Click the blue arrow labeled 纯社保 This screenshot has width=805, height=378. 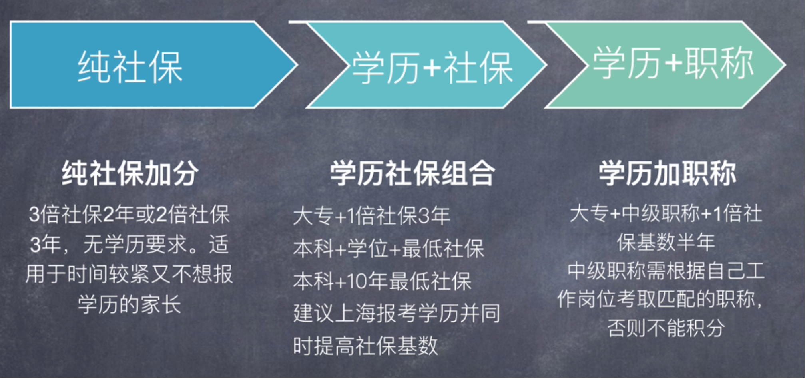pos(152,65)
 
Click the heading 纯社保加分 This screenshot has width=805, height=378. pos(130,173)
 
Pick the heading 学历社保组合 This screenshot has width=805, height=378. pos(413,173)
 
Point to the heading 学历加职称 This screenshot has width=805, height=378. pos(667,173)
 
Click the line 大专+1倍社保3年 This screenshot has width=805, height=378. pos(372,216)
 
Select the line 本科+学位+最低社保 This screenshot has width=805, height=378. pos(389,249)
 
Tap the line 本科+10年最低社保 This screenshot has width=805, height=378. pos(383,281)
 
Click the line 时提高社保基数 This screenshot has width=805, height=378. pos(365,346)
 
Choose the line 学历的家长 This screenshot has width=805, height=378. pos(130,304)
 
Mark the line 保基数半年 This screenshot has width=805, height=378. pos(666,242)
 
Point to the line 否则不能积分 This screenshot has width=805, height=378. pos(666,328)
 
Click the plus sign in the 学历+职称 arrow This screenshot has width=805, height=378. pos(673,63)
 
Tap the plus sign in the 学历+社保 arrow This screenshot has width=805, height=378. pos(432,67)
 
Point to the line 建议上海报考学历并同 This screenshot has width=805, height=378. pos(397,313)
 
